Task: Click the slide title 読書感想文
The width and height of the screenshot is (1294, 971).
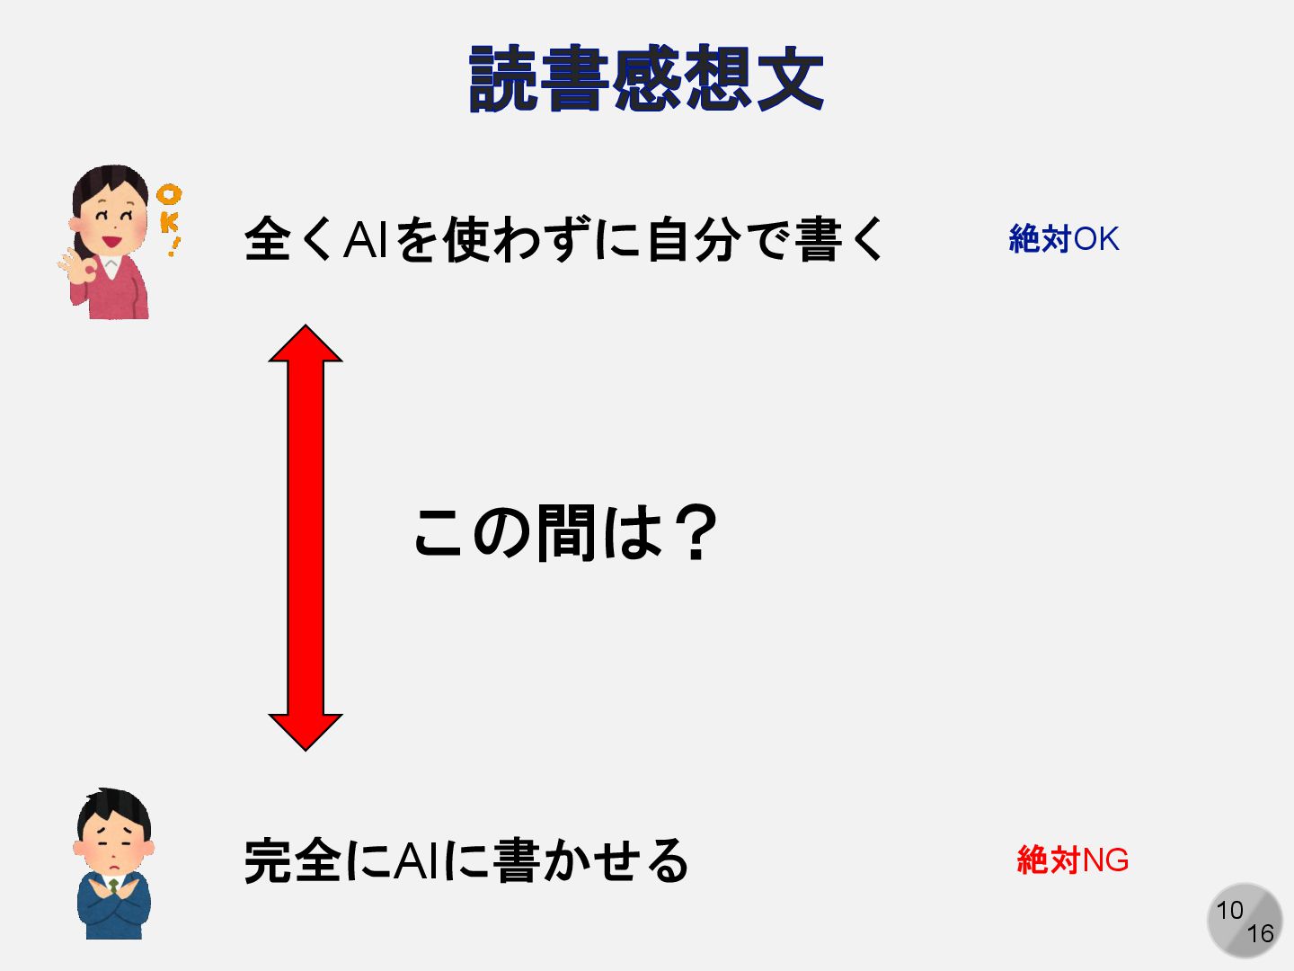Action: pyautogui.click(x=646, y=79)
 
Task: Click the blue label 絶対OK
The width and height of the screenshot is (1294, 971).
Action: pyautogui.click(x=1064, y=239)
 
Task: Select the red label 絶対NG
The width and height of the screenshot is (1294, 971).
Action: pyautogui.click(x=1072, y=860)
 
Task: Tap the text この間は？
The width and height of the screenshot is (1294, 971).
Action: pyautogui.click(x=566, y=532)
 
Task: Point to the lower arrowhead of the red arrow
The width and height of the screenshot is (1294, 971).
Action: pyautogui.click(x=306, y=730)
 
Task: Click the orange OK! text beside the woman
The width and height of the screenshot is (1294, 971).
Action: pyautogui.click(x=169, y=218)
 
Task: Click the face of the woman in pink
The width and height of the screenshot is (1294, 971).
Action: pyautogui.click(x=111, y=220)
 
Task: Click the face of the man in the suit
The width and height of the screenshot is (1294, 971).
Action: pyautogui.click(x=114, y=842)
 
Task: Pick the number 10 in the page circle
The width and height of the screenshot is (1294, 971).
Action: pyautogui.click(x=1229, y=910)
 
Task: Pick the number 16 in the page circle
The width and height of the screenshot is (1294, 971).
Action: pyautogui.click(x=1260, y=934)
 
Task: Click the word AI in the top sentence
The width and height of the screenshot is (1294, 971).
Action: pyautogui.click(x=365, y=240)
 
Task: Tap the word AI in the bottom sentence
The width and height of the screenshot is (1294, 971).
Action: pyautogui.click(x=416, y=860)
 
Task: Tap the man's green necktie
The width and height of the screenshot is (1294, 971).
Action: pyautogui.click(x=114, y=886)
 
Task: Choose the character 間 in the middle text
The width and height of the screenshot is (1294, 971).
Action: pyautogui.click(x=566, y=532)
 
